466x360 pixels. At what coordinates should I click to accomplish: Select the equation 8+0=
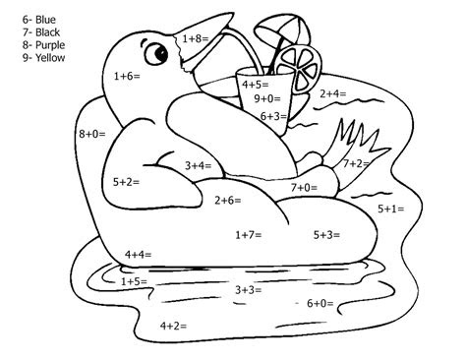91,132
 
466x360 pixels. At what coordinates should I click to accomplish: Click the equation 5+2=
127,182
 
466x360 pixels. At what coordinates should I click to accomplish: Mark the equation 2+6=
228,201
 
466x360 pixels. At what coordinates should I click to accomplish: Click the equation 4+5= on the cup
257,85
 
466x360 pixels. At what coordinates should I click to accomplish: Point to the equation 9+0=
267,99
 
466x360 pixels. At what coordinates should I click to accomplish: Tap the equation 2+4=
332,93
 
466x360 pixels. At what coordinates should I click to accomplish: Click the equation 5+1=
391,209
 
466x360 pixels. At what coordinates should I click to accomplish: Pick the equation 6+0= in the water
320,303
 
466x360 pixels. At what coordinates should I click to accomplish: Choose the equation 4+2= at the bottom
173,325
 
